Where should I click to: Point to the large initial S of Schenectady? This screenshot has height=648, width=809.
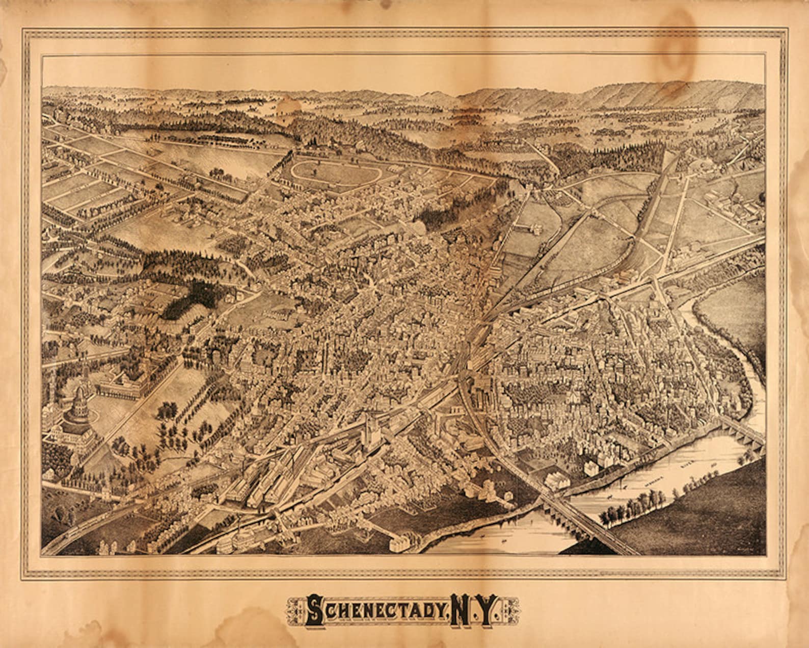pyautogui.click(x=315, y=610)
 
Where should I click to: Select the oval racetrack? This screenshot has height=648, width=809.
pyautogui.click(x=336, y=172)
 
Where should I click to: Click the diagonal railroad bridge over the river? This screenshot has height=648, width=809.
pyautogui.click(x=586, y=520)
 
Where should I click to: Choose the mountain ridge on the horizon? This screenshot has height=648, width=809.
pyautogui.click(x=637, y=94)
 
